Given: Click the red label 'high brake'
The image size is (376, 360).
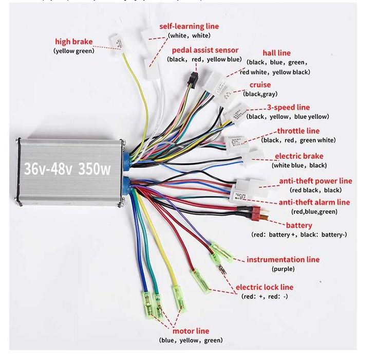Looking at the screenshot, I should click(75, 41).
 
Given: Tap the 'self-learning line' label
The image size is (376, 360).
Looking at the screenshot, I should click(189, 26).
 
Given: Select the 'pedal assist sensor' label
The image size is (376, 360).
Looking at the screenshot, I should click(205, 50).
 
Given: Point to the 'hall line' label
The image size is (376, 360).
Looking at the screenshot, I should click(276, 53).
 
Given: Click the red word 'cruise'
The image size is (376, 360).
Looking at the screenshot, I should click(260, 85).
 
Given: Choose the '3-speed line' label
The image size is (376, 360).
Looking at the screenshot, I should click(288, 107).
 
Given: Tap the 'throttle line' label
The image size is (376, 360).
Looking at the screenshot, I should click(298, 131).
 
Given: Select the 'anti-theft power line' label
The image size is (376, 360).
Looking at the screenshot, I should click(315, 181).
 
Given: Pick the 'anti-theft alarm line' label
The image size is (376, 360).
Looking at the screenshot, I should click(314, 202).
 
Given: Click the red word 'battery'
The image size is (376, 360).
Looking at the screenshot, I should click(299, 225).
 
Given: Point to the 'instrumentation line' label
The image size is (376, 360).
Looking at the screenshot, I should click(283, 260).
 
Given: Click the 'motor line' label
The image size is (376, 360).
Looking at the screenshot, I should click(191, 331).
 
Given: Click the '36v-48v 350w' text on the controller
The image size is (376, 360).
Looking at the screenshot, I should click(67, 169).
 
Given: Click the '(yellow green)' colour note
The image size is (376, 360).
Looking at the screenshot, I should click(74, 51).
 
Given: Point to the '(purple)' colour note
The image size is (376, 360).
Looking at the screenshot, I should click(283, 269).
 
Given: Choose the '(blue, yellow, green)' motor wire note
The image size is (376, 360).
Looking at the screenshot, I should click(191, 340).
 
